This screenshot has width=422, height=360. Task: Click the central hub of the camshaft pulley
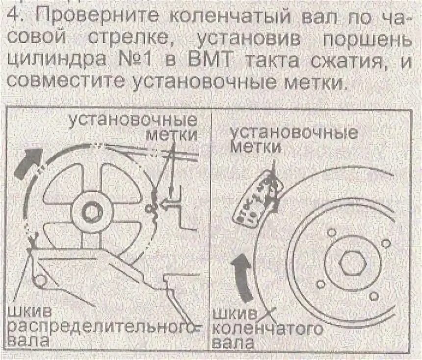pos(91,212)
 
